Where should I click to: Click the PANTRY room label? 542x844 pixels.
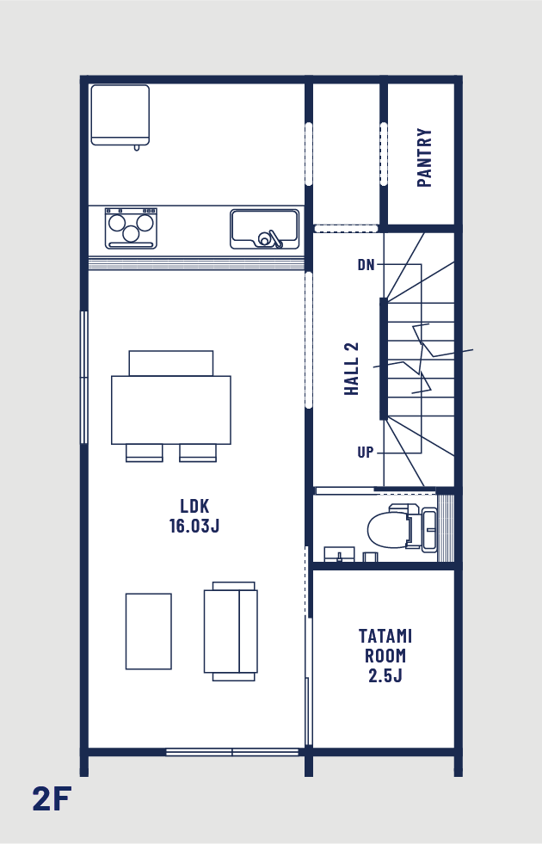tap(424, 157)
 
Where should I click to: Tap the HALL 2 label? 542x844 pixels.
tap(352, 369)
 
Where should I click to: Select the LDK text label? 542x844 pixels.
tap(194, 506)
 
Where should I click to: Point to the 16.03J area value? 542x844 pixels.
tap(194, 526)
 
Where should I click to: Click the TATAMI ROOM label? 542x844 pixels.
tap(385, 646)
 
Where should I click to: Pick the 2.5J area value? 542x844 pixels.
tap(385, 675)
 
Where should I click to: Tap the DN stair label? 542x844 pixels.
tap(366, 264)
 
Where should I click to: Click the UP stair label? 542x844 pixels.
tap(366, 453)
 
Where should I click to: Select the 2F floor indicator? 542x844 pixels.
tap(52, 798)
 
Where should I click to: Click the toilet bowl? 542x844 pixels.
tap(387, 530)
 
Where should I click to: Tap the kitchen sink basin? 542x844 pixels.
tap(264, 229)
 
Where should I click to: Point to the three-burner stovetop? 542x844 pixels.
tap(131, 228)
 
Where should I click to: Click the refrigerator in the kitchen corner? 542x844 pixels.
tap(120, 116)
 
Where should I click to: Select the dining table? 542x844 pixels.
tap(171, 410)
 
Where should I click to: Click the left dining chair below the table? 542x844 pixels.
tap(145, 453)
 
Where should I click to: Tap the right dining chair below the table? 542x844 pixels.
tap(198, 453)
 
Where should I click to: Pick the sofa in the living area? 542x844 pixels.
tap(231, 631)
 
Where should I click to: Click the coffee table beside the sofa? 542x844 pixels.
tap(149, 631)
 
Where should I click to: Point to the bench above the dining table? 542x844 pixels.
tap(171, 363)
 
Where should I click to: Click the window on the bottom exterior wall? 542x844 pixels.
tap(232, 752)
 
